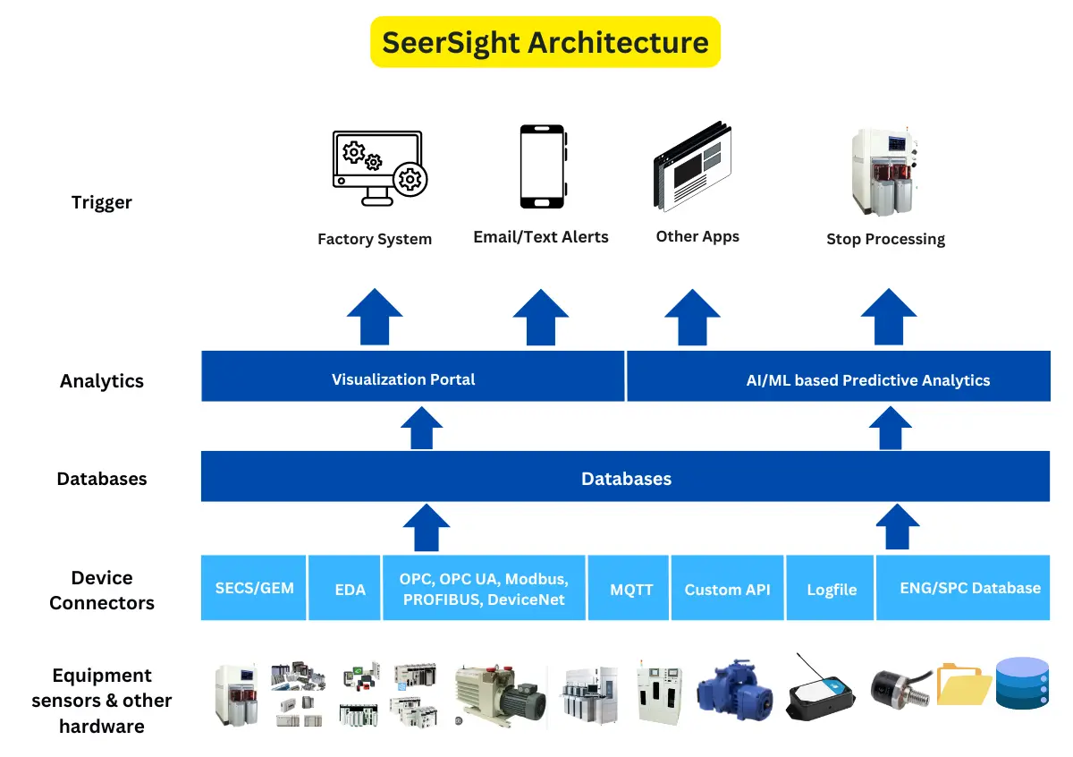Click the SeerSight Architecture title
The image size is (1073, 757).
[x=545, y=42]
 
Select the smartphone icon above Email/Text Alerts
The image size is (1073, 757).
[x=542, y=166]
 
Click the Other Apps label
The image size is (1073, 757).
[x=697, y=236]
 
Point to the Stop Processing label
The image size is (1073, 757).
[x=885, y=239]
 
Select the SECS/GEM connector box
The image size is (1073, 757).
[x=254, y=588]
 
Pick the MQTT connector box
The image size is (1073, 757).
[x=631, y=588]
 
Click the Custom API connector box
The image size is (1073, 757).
[x=727, y=588]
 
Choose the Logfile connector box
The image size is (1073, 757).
[x=831, y=588]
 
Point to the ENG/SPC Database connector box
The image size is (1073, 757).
[x=962, y=588]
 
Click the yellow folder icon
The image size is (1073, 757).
[x=963, y=686]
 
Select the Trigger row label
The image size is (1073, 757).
[x=102, y=202]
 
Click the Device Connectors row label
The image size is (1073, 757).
[x=102, y=591]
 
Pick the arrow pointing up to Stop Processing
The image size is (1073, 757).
[x=888, y=317]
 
